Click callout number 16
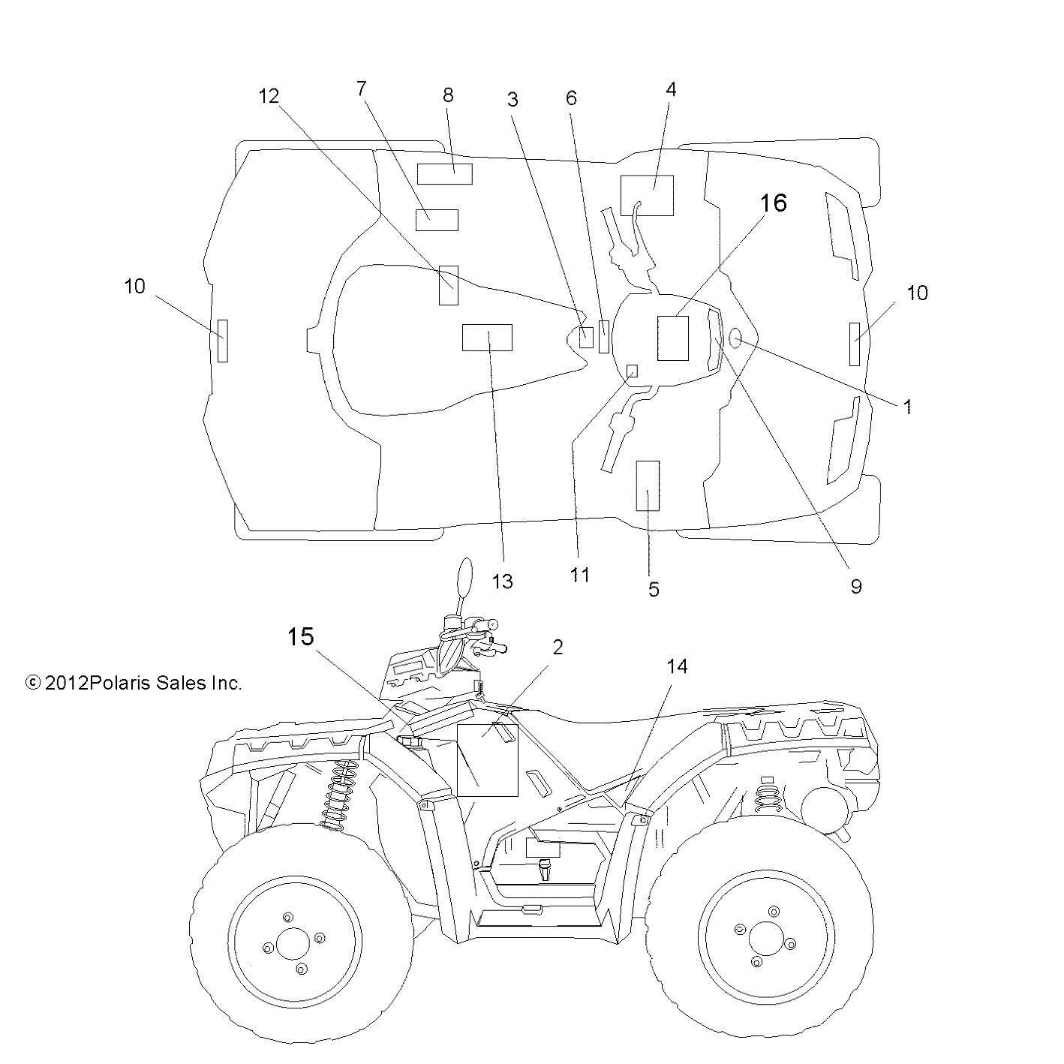tap(773, 203)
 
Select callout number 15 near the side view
tap(300, 638)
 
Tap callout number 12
tap(269, 96)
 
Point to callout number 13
tap(502, 580)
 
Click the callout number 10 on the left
tap(135, 286)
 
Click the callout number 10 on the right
tap(918, 293)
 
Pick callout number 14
tap(677, 666)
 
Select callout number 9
tap(856, 586)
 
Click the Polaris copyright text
tap(134, 684)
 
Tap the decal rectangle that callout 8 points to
tap(445, 173)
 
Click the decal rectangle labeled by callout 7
tap(437, 220)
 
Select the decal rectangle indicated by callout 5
tap(648, 485)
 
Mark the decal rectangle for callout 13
tap(487, 338)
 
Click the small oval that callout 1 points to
tap(735, 339)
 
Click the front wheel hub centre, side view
tap(292, 943)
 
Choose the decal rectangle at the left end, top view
tap(222, 340)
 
